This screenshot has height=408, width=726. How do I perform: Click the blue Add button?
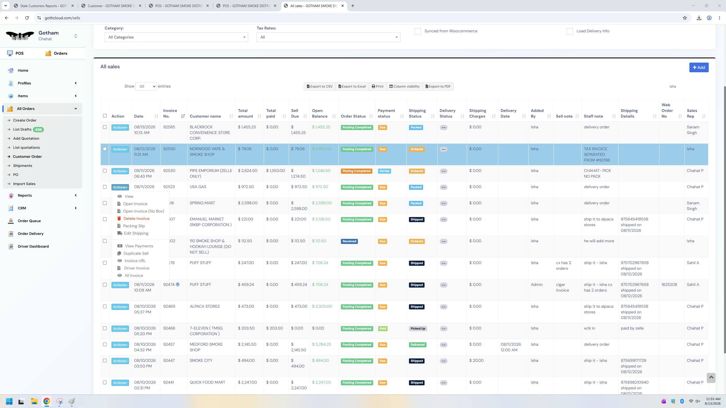[699, 67]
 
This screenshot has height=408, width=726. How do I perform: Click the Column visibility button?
[404, 86]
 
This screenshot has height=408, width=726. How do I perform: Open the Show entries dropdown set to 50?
[146, 86]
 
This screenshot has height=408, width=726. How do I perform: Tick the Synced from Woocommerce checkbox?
[418, 31]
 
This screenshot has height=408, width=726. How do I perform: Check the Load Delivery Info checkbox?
[570, 31]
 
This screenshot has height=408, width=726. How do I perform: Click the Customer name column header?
[205, 116]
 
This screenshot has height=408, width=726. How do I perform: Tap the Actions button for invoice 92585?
[120, 127]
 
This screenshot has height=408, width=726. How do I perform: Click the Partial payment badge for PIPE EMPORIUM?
[384, 171]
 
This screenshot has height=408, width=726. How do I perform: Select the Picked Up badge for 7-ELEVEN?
[418, 329]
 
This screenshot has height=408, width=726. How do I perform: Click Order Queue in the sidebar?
[29, 221]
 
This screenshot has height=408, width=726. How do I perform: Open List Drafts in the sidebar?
[22, 129]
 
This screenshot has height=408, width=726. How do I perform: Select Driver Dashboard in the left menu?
[33, 246]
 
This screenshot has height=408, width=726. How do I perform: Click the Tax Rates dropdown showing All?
[328, 37]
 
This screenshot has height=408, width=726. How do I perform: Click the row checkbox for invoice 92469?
[105, 307]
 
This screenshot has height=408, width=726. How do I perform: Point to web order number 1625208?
[669, 284]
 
